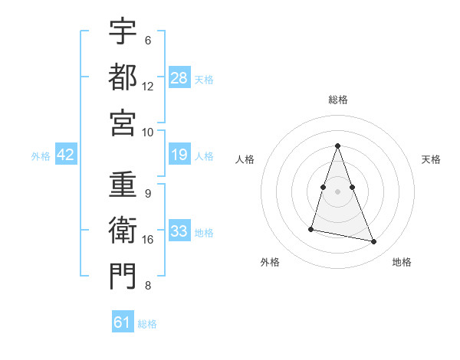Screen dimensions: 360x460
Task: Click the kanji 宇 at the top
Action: [123, 32]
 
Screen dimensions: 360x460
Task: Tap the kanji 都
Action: [123, 77]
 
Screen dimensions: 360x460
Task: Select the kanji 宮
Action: [123, 123]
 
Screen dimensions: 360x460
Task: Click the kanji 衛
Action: [123, 231]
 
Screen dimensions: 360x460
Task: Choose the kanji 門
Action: [123, 277]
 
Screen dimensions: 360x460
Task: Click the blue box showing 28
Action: [179, 77]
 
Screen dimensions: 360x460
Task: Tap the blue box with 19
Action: [179, 155]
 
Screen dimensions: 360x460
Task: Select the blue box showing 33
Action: [179, 231]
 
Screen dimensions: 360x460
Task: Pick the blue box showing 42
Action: [65, 155]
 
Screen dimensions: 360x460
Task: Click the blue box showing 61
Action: [123, 322]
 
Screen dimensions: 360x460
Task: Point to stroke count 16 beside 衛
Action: [148, 240]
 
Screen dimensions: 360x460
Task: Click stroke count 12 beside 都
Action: [148, 86]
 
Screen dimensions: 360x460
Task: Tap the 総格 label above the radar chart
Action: [338, 100]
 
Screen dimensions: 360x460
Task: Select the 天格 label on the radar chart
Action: [432, 159]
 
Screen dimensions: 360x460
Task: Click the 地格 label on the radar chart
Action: [402, 262]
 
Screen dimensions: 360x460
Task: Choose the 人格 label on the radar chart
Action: [245, 159]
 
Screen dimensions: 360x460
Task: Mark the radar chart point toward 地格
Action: [374, 242]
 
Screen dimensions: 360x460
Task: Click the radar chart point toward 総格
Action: [338, 146]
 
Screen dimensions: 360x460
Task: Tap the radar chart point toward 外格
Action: [311, 228]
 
